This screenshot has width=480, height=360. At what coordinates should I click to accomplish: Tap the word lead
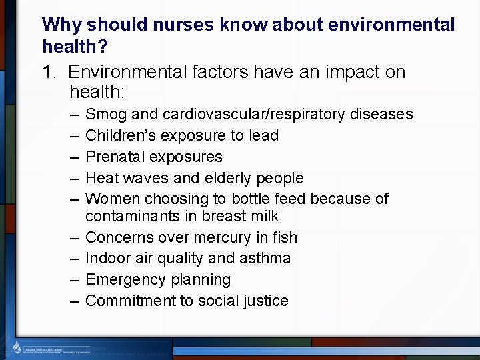click(x=263, y=135)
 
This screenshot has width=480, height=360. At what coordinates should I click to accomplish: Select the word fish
click(x=285, y=237)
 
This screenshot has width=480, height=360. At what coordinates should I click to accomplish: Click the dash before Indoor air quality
click(x=72, y=258)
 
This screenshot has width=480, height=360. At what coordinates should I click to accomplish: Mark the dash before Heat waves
click(x=72, y=178)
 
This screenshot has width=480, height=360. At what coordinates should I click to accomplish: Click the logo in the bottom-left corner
click(x=18, y=347)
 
